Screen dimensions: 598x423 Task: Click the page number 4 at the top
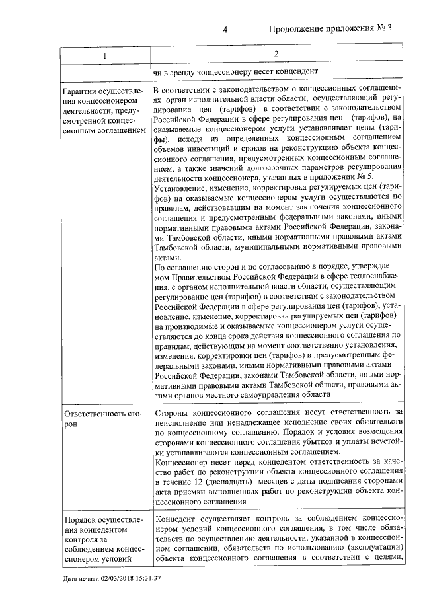[225, 29]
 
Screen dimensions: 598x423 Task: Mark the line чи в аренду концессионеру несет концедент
[236, 71]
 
